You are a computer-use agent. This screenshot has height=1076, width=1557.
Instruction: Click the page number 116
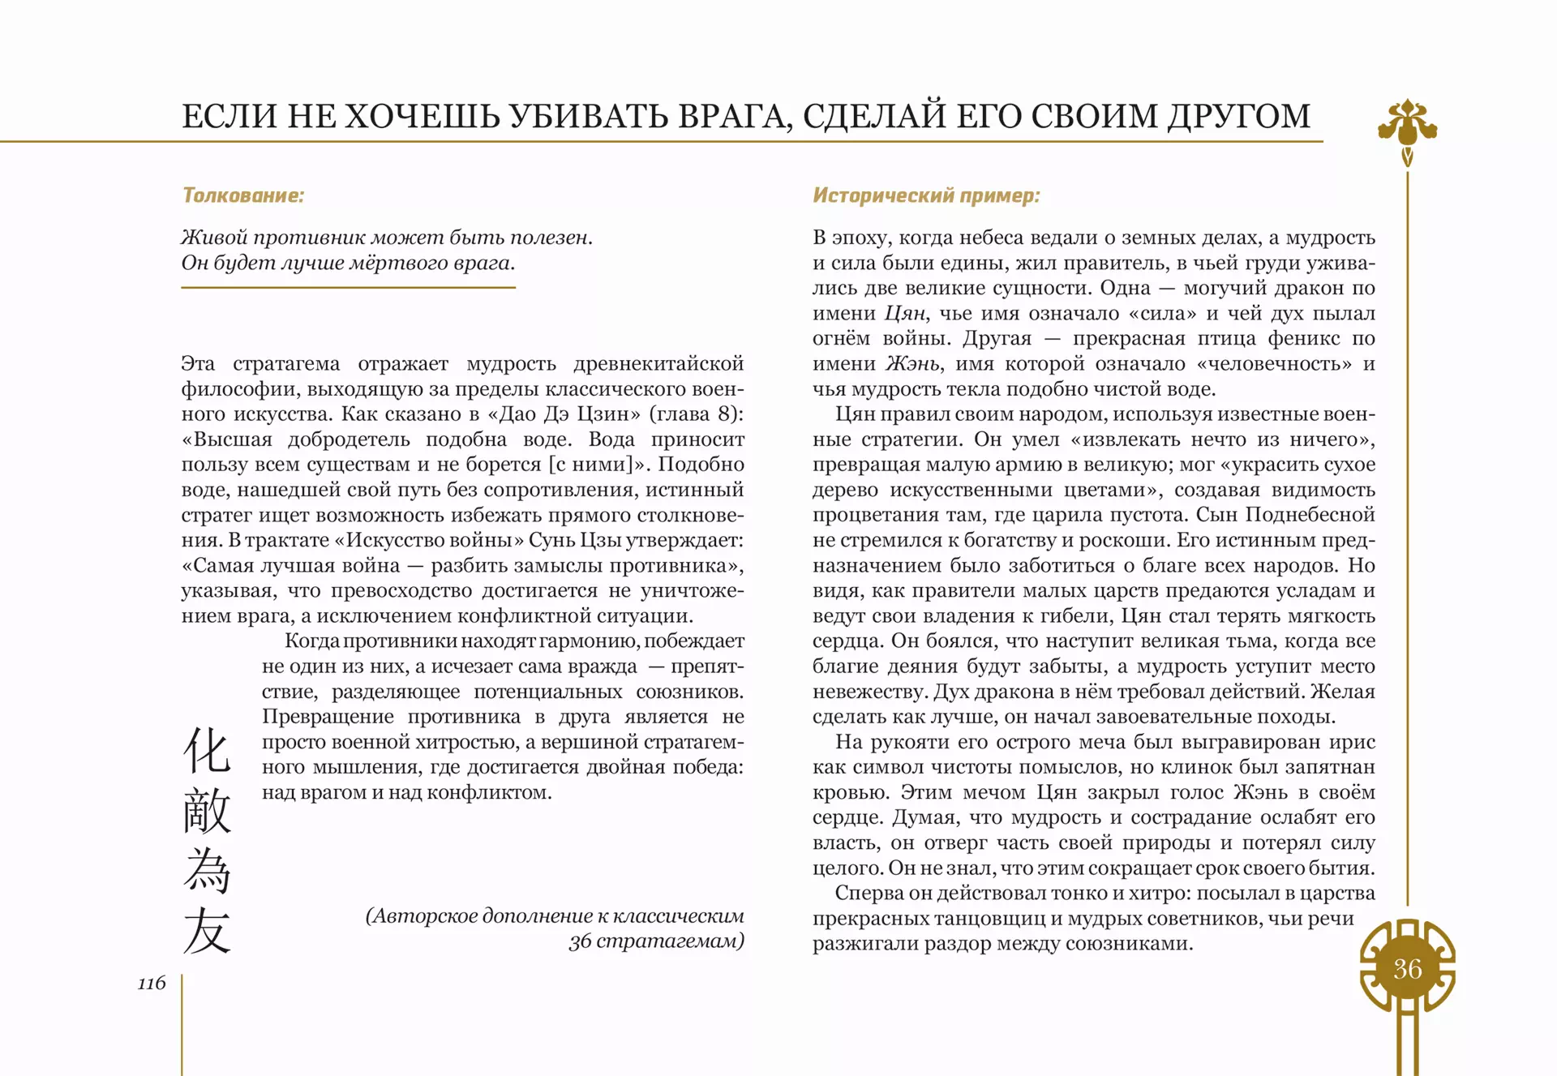click(x=152, y=983)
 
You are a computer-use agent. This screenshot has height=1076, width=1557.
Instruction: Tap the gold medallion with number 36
click(x=1407, y=968)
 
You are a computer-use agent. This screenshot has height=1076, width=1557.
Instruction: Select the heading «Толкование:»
click(x=243, y=195)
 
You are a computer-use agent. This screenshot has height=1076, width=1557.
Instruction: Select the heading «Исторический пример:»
click(x=926, y=195)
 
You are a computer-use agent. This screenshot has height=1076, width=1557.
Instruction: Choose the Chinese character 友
click(x=207, y=930)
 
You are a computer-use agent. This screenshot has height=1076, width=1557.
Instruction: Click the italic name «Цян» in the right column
click(x=904, y=313)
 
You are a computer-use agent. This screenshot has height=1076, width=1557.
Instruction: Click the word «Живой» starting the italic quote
click(x=214, y=238)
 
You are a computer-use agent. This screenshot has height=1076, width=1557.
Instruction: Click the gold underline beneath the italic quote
click(x=348, y=287)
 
